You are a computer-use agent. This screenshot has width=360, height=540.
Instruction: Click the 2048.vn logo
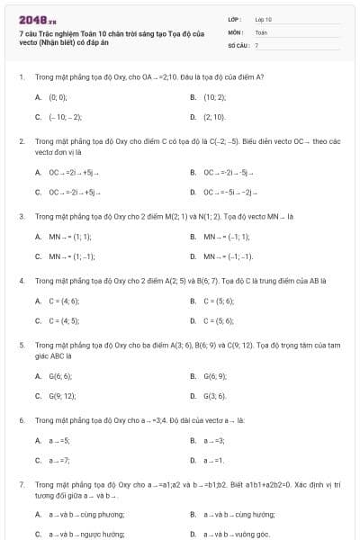click(38, 18)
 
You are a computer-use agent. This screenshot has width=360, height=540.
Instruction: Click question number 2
click(21, 141)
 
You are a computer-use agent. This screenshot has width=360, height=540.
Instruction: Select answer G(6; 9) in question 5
click(215, 375)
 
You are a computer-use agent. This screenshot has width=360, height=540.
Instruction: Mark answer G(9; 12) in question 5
click(62, 395)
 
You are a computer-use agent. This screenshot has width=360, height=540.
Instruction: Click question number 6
click(21, 420)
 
